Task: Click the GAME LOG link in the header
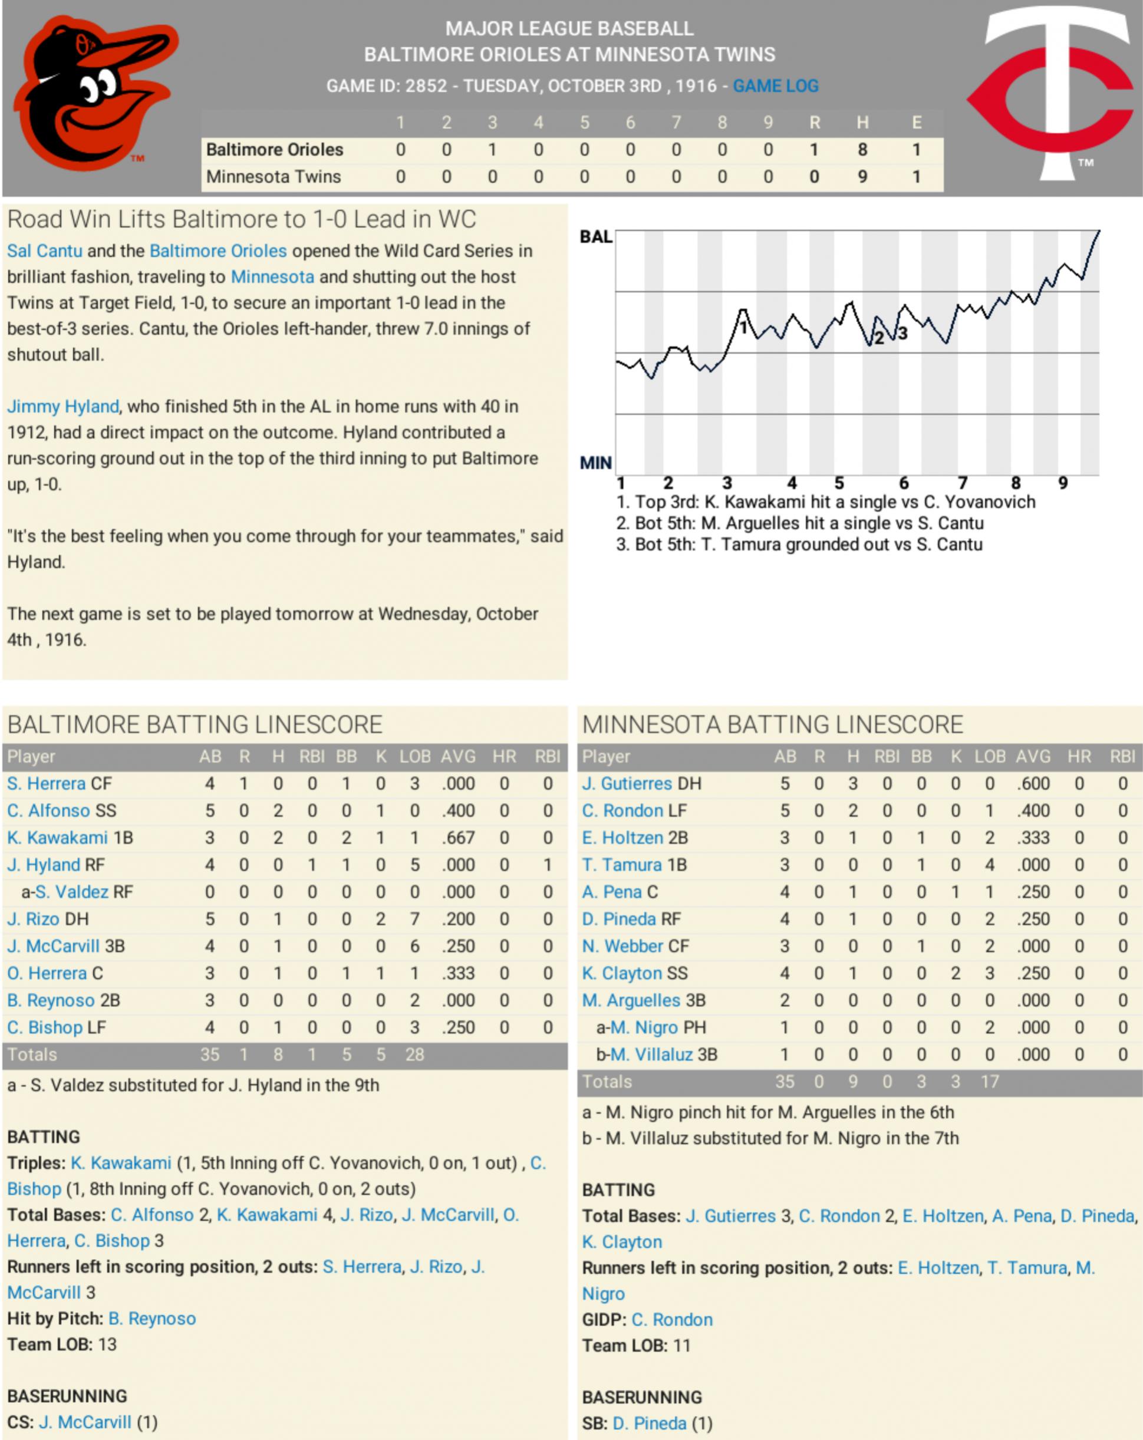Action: pos(775,86)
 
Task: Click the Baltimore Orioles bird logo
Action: pos(95,94)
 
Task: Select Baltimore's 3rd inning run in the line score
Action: pos(492,150)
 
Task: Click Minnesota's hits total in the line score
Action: pos(862,177)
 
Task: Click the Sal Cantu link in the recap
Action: pos(45,251)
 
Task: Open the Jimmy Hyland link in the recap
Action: pos(63,407)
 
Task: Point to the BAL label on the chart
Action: pos(595,237)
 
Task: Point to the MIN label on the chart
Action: pos(595,463)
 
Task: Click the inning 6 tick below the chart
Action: pos(903,483)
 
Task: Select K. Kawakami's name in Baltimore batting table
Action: pos(57,838)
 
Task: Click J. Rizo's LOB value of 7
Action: pos(414,919)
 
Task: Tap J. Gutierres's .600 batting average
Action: pos(1033,783)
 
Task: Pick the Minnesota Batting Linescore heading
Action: pos(772,724)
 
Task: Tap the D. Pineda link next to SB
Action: pos(650,1423)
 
